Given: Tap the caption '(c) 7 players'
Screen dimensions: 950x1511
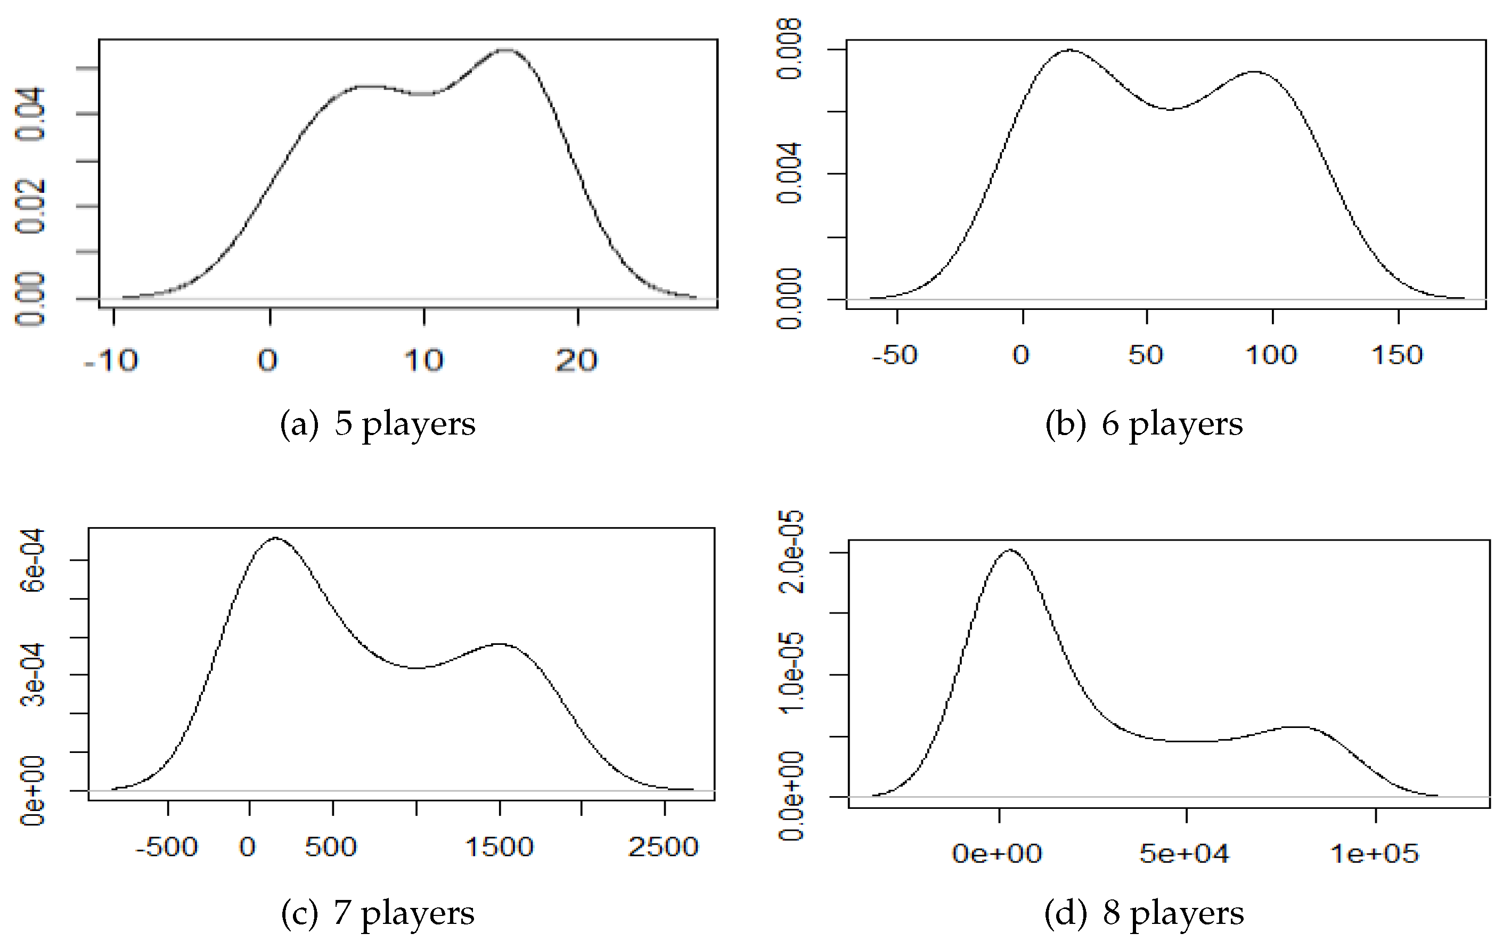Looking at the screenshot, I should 378,913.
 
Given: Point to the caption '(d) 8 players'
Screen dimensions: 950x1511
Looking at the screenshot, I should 1144,913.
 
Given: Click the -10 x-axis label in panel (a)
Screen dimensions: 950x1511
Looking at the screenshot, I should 111,360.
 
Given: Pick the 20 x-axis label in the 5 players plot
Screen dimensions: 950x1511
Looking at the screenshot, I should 577,360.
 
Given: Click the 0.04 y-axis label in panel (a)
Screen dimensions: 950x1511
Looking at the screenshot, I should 30,114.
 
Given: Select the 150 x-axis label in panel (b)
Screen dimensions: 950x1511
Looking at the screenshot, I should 1398,355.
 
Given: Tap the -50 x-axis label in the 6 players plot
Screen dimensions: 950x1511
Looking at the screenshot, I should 895,355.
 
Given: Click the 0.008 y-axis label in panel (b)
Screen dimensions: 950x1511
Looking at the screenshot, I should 789,49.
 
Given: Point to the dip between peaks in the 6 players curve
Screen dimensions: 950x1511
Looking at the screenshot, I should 1170,109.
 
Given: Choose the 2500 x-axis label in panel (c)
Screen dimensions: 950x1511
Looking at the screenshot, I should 663,847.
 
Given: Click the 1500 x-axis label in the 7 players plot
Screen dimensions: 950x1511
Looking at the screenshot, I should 499,847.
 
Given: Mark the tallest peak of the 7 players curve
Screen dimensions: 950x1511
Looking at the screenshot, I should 275,538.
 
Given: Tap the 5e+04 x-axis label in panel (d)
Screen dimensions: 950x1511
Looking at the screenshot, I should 1184,854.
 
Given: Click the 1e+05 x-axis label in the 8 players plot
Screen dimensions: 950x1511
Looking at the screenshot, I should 1374,854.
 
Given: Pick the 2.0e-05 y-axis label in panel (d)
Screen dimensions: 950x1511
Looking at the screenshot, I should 791,552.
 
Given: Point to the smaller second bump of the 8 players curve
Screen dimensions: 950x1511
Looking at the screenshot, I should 1297,727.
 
